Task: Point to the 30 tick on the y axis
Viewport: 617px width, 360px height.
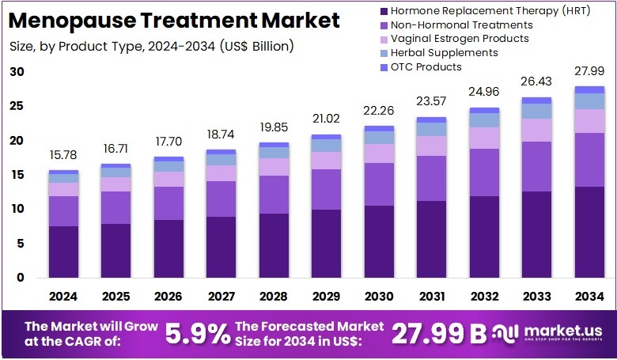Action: tap(17, 72)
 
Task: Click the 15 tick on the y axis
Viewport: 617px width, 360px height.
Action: tap(17, 175)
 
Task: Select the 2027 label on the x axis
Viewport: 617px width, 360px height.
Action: tap(221, 296)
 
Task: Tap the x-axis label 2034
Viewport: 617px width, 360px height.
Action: tap(589, 296)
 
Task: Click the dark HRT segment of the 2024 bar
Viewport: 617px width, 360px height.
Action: tap(63, 252)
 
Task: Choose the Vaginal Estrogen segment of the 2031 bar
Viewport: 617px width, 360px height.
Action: tap(432, 146)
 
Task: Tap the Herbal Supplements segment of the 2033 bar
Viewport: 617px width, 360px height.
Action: tap(537, 111)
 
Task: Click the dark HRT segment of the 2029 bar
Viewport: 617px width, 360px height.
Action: tap(327, 243)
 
